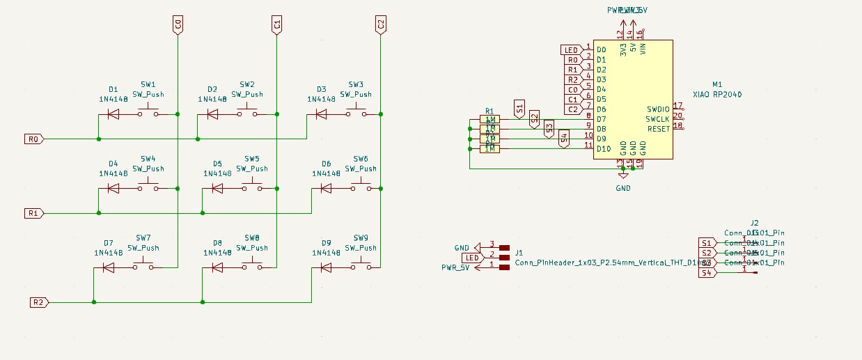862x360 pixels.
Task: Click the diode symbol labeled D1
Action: [x=113, y=114]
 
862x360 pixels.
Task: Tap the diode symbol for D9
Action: [x=326, y=267]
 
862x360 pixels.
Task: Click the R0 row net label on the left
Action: [x=33, y=139]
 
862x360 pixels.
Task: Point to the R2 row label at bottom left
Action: [x=39, y=302]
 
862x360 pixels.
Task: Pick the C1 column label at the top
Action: [x=276, y=26]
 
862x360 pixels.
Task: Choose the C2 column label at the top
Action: [x=380, y=26]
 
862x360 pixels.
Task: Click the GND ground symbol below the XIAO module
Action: [x=623, y=187]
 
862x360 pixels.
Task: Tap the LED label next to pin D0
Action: [x=571, y=50]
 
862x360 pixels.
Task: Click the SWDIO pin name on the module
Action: [x=657, y=109]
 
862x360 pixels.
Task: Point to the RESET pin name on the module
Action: [x=658, y=129]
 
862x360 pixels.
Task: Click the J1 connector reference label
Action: [x=519, y=253]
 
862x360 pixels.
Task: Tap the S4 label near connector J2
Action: [x=706, y=273]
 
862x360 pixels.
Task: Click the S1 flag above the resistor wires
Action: [x=518, y=109]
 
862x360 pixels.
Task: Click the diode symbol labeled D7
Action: [x=109, y=267]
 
